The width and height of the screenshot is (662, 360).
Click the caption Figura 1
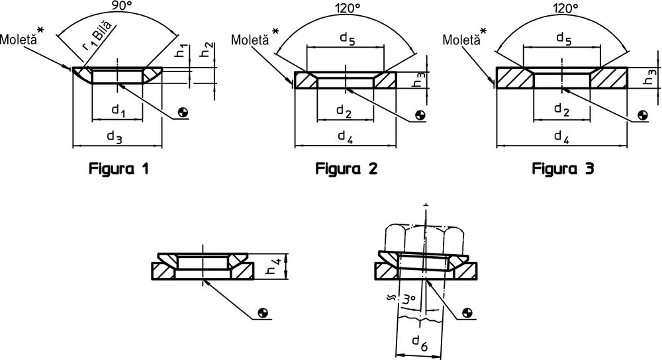click(x=118, y=169)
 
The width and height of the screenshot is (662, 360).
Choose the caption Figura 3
click(x=563, y=169)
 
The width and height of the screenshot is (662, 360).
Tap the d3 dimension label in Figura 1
click(x=115, y=137)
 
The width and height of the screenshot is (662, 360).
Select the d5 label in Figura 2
click(x=348, y=39)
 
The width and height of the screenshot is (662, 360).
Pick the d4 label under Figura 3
click(x=563, y=137)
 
